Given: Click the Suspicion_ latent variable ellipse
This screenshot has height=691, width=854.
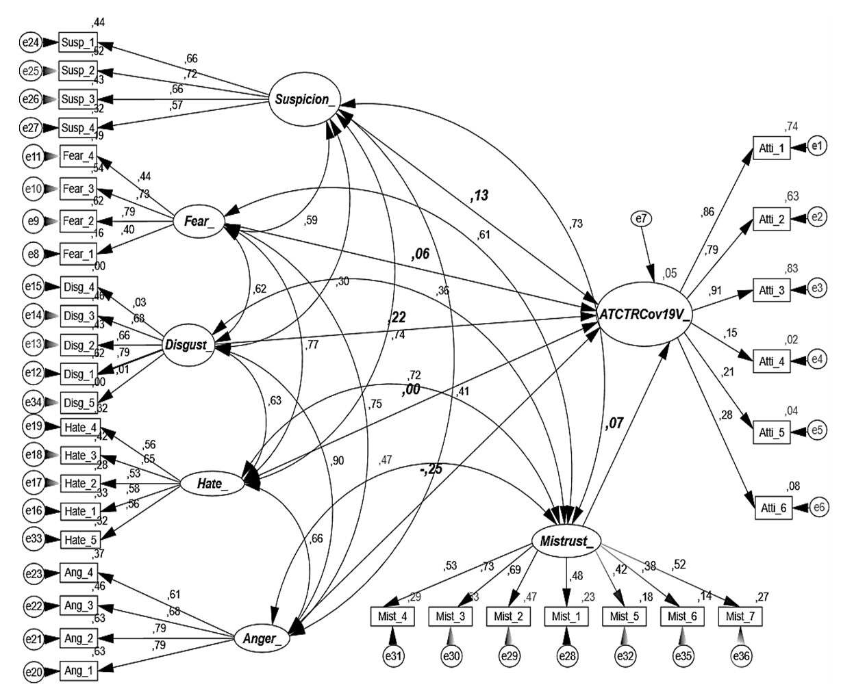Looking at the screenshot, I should (x=305, y=99).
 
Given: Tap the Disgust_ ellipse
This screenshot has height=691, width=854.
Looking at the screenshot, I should (x=187, y=345).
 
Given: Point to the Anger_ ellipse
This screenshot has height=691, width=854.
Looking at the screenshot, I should (x=260, y=639).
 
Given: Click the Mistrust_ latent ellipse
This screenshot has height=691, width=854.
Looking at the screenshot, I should (x=565, y=541).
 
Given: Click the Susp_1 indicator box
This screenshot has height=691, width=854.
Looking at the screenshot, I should (x=77, y=42).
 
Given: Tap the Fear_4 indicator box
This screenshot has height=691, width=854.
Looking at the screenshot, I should (x=77, y=156).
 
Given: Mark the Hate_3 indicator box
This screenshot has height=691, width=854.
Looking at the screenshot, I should (x=80, y=455).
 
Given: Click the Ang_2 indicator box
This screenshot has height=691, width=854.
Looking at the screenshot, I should (x=79, y=638).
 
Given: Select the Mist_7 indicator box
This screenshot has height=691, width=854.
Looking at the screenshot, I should (x=740, y=616).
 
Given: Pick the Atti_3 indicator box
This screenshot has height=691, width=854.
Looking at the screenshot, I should (x=771, y=289).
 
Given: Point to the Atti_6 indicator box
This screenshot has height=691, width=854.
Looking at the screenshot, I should (x=773, y=508).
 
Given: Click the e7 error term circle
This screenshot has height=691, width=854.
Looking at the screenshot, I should (x=641, y=219).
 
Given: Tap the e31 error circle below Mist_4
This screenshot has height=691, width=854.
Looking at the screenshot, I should (x=393, y=656).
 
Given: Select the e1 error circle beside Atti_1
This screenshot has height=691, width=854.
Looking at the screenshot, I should (x=817, y=145).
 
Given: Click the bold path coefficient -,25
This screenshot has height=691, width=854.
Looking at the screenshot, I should (x=431, y=470).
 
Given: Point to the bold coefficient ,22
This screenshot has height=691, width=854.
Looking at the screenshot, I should (x=397, y=317).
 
